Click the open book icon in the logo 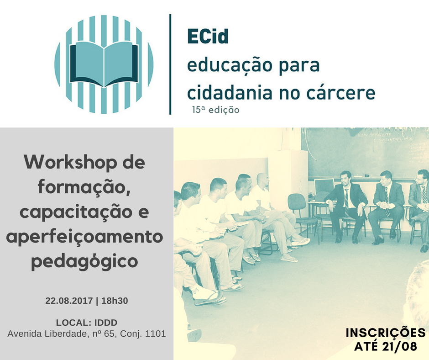pyautogui.click(x=104, y=64)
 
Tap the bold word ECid pyautogui.click(x=208, y=37)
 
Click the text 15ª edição pyautogui.click(x=215, y=110)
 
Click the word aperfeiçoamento pyautogui.click(x=84, y=237)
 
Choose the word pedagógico pyautogui.click(x=84, y=262)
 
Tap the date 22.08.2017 pyautogui.click(x=69, y=301)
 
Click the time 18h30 pyautogui.click(x=115, y=301)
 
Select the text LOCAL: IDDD pyautogui.click(x=87, y=323)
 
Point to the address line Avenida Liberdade pyautogui.click(x=86, y=334)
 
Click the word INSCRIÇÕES pyautogui.click(x=386, y=333)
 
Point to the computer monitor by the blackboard pyautogui.click(x=324, y=186)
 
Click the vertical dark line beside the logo pyautogui.click(x=170, y=64)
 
